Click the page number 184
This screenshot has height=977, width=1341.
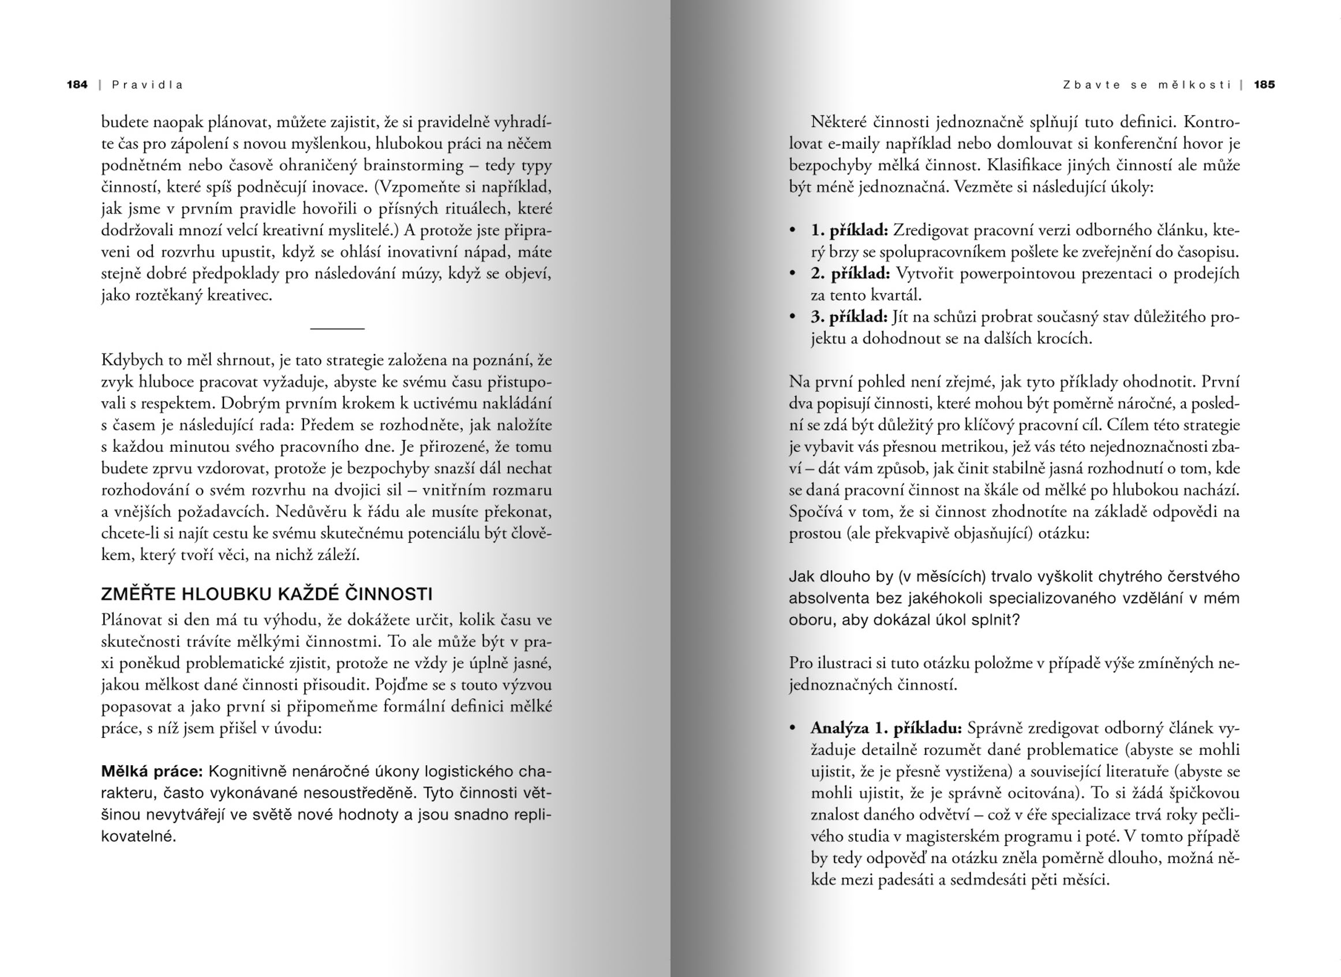(x=77, y=85)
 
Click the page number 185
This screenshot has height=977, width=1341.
(x=1264, y=85)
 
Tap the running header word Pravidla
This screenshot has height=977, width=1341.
(x=147, y=85)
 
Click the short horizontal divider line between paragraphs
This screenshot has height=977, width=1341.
(x=337, y=328)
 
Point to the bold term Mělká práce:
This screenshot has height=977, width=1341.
(x=152, y=771)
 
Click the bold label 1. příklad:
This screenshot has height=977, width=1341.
(x=849, y=230)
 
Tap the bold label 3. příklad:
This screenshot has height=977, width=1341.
(x=849, y=317)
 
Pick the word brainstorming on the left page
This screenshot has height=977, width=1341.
(x=413, y=165)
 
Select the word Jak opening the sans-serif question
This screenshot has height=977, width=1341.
(x=801, y=577)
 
